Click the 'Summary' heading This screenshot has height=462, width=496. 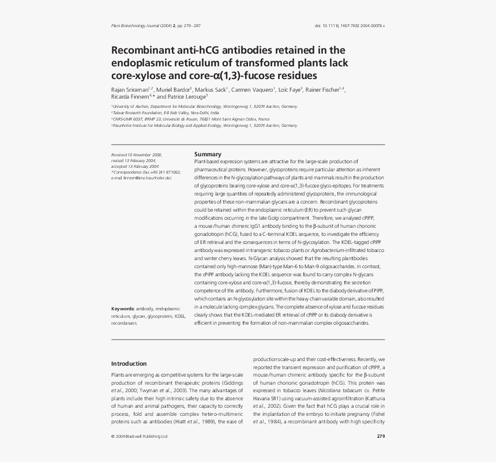tap(208, 154)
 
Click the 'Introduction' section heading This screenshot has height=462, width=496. tap(129, 363)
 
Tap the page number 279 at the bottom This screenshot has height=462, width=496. tap(381, 436)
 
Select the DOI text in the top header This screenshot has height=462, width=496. tap(350, 26)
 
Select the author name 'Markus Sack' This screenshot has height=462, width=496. tap(211, 89)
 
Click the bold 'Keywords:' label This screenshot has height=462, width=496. tap(123, 309)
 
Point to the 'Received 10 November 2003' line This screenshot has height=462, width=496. tap(137, 155)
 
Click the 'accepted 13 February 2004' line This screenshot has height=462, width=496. tap(135, 166)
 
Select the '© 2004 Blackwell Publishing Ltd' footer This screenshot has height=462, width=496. tap(139, 436)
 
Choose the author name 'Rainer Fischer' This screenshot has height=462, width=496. tap(324, 89)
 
